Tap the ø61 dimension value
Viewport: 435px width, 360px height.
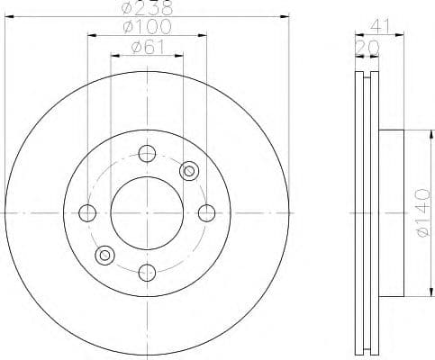coord(147,48)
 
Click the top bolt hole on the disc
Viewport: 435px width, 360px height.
coord(147,154)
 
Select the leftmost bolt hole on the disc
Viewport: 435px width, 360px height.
coord(87,213)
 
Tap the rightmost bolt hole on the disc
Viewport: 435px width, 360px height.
coord(206,213)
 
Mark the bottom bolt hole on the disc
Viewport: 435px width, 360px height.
coord(147,272)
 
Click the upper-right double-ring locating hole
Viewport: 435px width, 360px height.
coord(188,171)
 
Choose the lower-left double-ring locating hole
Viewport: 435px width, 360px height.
coord(104,256)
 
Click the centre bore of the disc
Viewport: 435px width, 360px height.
coord(147,213)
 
